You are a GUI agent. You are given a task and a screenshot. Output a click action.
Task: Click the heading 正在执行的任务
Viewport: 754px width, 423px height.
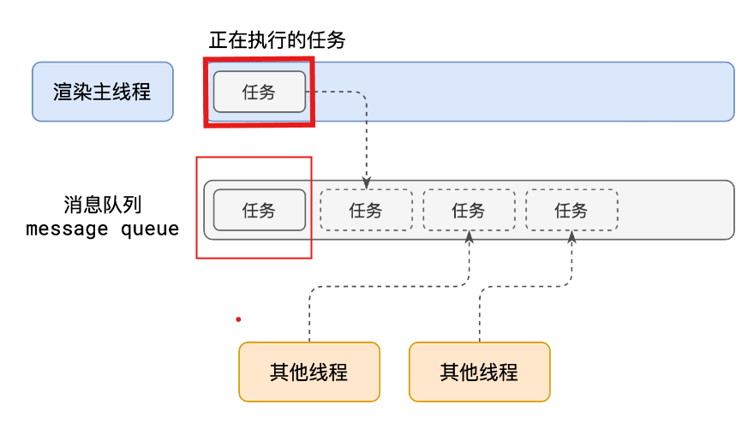click(x=277, y=40)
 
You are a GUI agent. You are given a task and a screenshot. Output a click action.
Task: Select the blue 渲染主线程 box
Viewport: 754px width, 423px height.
click(x=102, y=92)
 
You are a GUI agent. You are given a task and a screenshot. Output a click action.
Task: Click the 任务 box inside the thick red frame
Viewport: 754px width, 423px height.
click(x=259, y=92)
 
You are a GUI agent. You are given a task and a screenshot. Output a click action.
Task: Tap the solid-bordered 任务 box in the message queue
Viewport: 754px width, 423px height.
click(x=259, y=210)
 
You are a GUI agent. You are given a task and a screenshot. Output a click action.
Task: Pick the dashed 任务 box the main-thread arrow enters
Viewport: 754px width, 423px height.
click(x=366, y=210)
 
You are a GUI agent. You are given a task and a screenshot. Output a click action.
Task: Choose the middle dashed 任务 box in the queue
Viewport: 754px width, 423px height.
click(x=469, y=210)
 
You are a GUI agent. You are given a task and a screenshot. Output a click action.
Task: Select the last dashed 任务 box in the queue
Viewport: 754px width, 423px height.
click(x=571, y=210)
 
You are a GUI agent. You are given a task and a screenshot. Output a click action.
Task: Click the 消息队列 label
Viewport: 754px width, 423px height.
click(x=102, y=206)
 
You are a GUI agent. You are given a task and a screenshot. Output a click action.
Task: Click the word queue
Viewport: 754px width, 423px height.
click(x=150, y=229)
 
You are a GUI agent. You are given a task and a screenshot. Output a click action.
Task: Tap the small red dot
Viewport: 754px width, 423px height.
click(x=238, y=319)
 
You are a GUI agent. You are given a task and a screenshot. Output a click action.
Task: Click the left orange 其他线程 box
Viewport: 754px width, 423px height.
click(x=308, y=372)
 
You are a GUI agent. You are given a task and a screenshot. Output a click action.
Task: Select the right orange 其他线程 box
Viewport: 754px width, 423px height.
click(x=479, y=372)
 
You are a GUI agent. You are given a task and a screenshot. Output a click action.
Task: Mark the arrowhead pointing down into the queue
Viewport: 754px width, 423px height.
click(x=367, y=182)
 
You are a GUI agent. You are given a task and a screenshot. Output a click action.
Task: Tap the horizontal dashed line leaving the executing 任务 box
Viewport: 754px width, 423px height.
click(x=334, y=92)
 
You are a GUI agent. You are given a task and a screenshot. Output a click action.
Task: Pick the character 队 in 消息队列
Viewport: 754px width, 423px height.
click(x=102, y=206)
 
